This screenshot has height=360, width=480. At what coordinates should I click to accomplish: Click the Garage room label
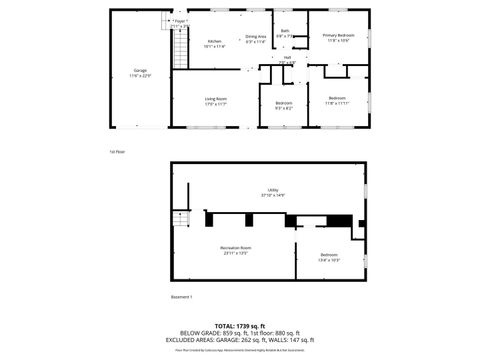point(140,73)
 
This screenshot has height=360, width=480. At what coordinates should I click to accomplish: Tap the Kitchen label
point(215,43)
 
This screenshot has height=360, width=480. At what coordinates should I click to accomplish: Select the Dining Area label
point(256,39)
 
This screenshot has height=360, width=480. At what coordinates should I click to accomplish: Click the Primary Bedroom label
point(337,38)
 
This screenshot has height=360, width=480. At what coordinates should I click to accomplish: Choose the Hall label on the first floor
point(287,59)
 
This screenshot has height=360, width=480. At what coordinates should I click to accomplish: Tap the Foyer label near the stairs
point(180,22)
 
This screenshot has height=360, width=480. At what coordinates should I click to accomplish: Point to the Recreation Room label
point(235,250)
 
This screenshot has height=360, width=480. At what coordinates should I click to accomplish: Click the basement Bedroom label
point(329,257)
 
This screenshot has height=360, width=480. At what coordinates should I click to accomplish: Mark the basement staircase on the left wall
point(181,221)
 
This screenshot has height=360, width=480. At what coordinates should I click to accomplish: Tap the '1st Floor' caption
point(117,152)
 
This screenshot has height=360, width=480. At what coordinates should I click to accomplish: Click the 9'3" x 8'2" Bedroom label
point(284,106)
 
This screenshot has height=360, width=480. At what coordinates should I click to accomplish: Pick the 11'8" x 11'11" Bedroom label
point(336,100)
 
